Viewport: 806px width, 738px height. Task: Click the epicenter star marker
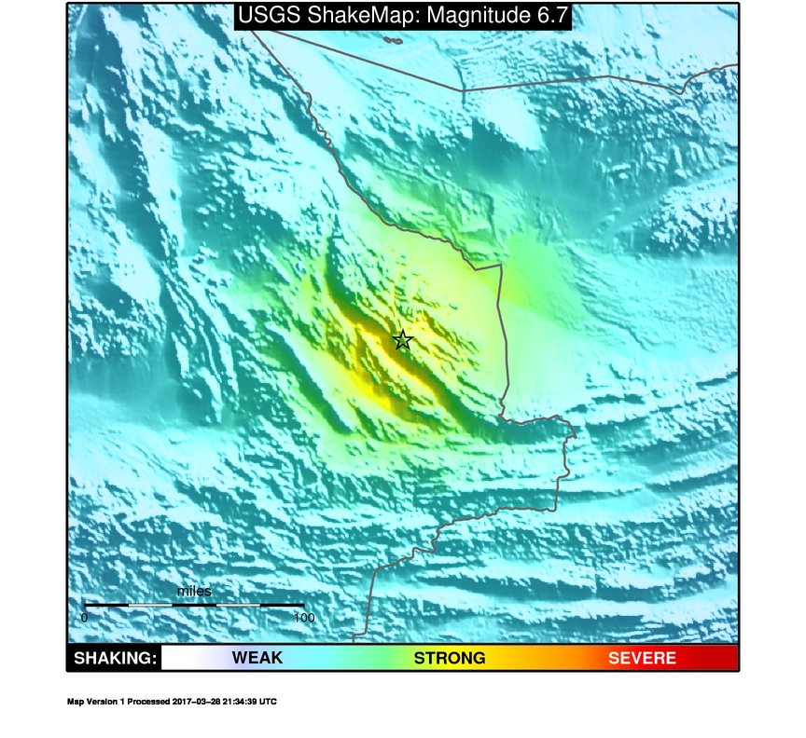[x=402, y=340]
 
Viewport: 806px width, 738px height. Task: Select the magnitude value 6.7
[x=548, y=15]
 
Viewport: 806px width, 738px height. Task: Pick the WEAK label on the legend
[x=257, y=658]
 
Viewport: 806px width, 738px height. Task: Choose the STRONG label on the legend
[x=450, y=658]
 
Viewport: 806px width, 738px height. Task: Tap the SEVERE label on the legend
[x=642, y=658]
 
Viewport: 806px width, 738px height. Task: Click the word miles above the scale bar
[x=194, y=592]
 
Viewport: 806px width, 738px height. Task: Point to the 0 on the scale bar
[x=84, y=617]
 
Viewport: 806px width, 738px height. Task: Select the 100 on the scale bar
[x=303, y=617]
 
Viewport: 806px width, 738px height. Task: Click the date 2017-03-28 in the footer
[x=199, y=702]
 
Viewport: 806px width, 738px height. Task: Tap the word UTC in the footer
[x=268, y=702]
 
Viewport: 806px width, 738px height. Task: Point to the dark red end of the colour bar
[x=728, y=658]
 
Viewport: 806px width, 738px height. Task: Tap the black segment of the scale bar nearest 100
[x=282, y=606]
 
